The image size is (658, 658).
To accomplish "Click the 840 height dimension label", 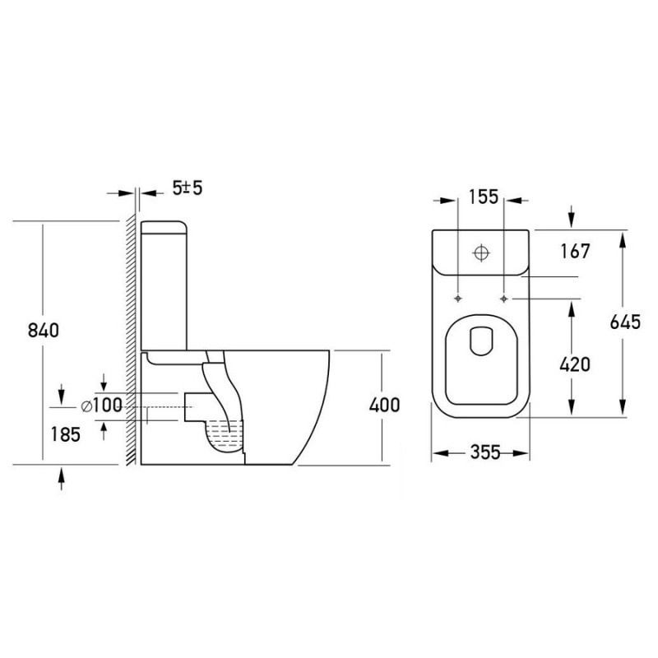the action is coord(44,331).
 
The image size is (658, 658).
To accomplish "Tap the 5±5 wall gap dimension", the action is coord(188,188).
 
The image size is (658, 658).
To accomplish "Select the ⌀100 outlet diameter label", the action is coord(101,405).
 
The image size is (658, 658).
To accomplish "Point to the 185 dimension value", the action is coord(66,434).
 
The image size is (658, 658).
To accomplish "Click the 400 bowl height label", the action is coord(384,405).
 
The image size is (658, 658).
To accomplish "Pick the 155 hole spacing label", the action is coord(483,197).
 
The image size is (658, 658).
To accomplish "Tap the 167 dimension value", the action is coord(575,251).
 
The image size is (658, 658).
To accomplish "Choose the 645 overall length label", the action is coord(625,322).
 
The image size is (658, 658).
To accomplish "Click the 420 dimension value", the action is coord(575,364).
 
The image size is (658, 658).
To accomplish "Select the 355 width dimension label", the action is coord(485,452).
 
